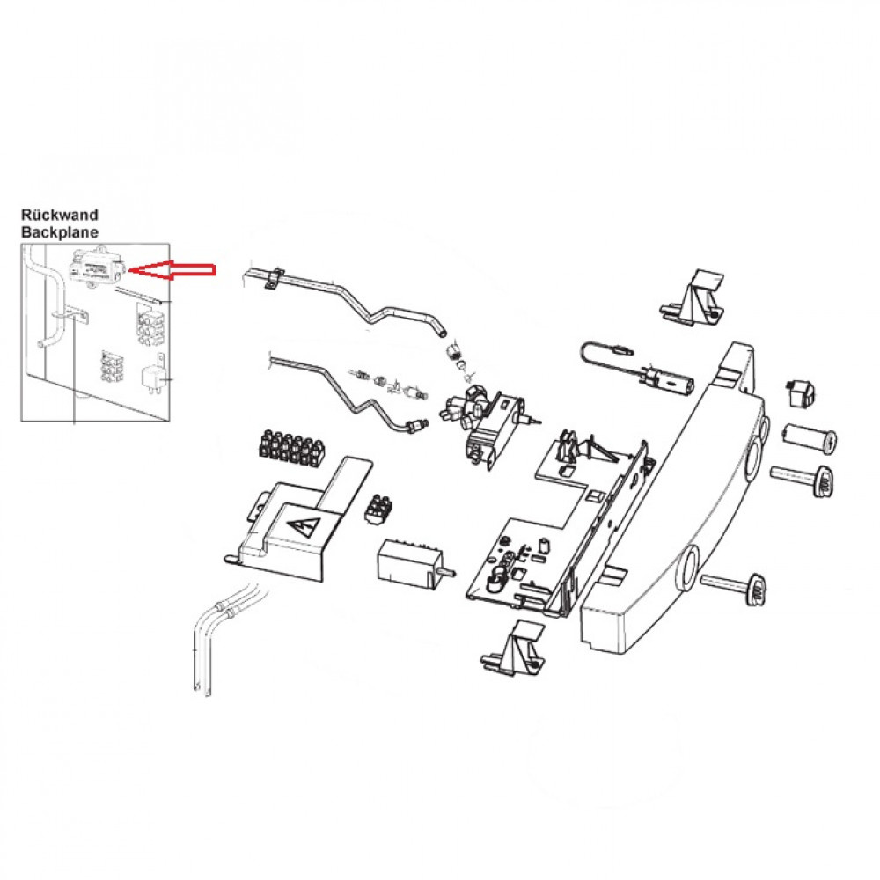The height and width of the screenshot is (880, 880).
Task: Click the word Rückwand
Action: (x=59, y=214)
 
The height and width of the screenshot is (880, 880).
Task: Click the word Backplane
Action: (x=59, y=231)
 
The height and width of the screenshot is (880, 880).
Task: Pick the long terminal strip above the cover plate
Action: (x=289, y=447)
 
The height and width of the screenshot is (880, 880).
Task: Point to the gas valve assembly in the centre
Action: (x=484, y=417)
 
